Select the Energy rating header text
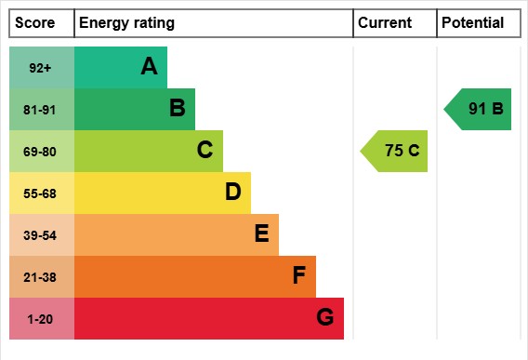point(126,23)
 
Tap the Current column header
point(385,23)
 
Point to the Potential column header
point(472,23)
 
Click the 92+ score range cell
point(41,67)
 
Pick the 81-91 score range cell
point(41,110)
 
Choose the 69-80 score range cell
point(41,152)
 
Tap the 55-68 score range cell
point(41,193)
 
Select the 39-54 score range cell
point(41,235)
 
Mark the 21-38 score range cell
point(41,277)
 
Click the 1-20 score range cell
point(41,319)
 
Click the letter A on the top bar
point(149,66)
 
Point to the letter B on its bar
point(177,109)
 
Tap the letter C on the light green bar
point(205,151)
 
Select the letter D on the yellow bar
point(232,193)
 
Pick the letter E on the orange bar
point(261,234)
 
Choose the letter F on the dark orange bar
point(298,276)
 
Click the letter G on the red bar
point(324,318)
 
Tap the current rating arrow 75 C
point(396,151)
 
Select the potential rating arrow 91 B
point(480,109)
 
